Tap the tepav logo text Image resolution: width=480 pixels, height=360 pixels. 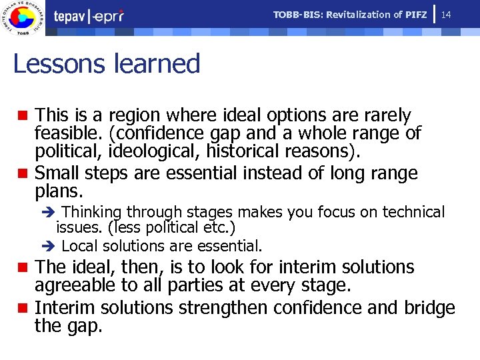pyautogui.click(x=73, y=16)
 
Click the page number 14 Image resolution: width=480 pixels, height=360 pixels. pyautogui.click(x=446, y=14)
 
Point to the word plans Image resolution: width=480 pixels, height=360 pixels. pyautogui.click(x=59, y=193)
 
